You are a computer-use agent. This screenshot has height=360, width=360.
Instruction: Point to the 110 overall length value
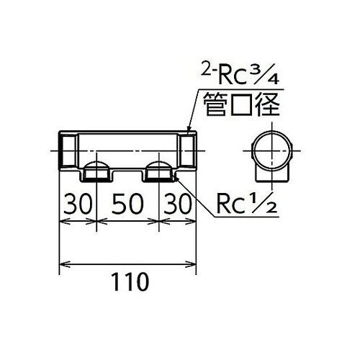[x=127, y=279]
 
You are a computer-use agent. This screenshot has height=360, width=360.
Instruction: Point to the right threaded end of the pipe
[x=188, y=150]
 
